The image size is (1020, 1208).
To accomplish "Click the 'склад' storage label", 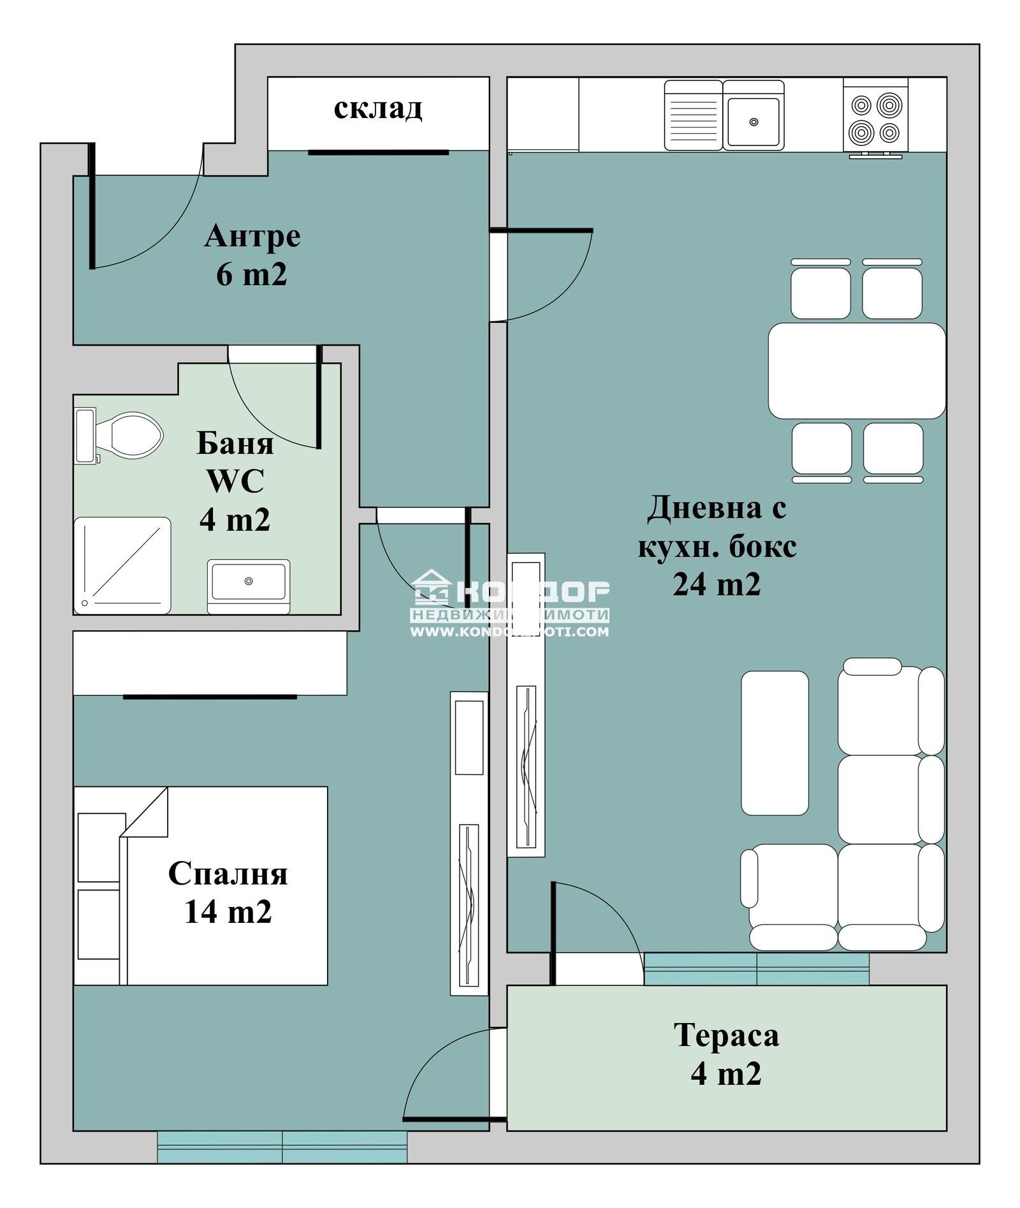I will [x=377, y=108].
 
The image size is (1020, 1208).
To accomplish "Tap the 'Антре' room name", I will [x=252, y=236].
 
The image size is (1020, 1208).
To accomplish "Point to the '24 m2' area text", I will [x=717, y=584].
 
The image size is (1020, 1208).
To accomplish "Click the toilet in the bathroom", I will [x=127, y=435].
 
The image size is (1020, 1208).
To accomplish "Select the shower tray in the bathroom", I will [x=122, y=566].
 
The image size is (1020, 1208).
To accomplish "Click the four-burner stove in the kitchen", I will [x=875, y=119].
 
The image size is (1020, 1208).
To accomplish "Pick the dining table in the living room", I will [x=856, y=371].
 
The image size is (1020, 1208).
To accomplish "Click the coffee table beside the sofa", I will [x=775, y=743].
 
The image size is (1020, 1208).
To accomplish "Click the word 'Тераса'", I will [x=726, y=1035].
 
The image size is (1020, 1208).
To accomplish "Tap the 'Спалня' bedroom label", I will [x=228, y=873].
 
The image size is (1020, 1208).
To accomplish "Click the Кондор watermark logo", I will [x=510, y=603].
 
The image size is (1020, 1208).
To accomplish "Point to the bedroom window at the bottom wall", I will [x=282, y=1147].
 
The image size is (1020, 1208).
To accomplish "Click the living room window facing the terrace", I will [x=756, y=969].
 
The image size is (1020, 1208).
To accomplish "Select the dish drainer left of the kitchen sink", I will [x=693, y=115].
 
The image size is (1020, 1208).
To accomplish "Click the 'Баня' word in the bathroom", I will [x=235, y=443].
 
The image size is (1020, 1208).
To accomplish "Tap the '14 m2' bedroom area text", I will [x=228, y=911].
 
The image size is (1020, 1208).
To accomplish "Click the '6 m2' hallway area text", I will [x=252, y=274].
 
